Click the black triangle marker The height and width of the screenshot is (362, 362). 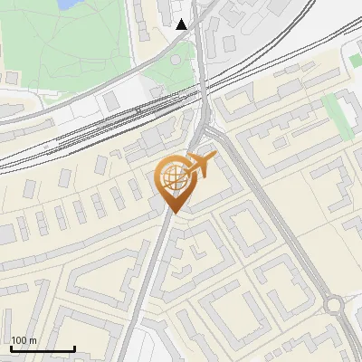[182, 24]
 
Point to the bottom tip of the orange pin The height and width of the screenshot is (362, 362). [173, 213]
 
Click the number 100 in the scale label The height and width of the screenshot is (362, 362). [20, 340]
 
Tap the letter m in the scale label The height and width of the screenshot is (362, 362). [34, 340]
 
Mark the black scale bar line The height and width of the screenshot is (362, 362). [43, 348]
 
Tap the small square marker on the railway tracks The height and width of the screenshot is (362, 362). [138, 110]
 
